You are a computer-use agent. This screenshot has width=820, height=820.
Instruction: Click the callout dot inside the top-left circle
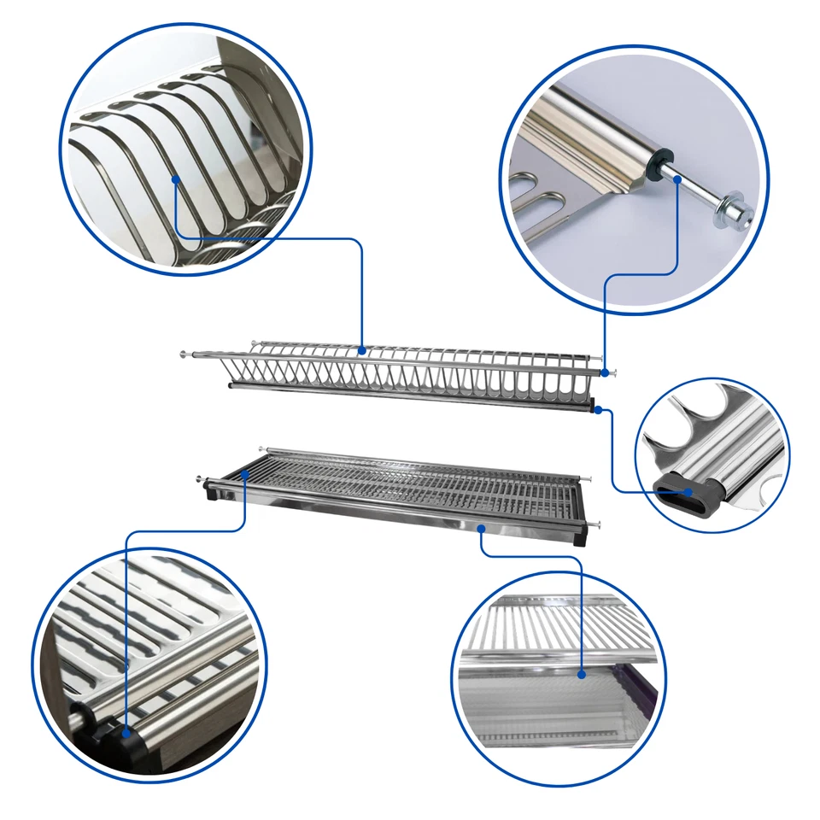[x=174, y=179]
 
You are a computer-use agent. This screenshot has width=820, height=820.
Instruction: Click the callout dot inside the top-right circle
[x=677, y=179]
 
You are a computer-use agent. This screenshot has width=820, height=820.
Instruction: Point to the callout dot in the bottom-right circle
[x=581, y=674]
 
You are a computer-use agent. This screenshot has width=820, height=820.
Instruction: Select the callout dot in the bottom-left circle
[x=126, y=732]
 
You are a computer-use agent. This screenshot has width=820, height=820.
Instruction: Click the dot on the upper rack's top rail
[x=362, y=349]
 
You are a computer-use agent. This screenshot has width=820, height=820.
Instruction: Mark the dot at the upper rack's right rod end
[x=605, y=372]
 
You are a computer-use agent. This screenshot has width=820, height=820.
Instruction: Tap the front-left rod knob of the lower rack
[x=202, y=480]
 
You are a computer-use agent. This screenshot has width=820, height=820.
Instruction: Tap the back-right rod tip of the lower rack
[x=589, y=478]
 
